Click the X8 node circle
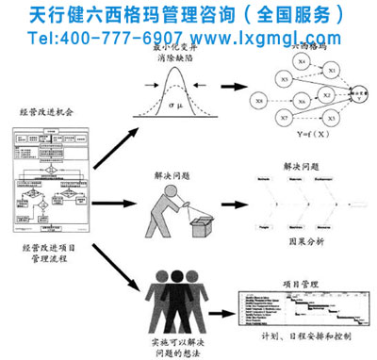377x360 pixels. click(258, 99)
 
